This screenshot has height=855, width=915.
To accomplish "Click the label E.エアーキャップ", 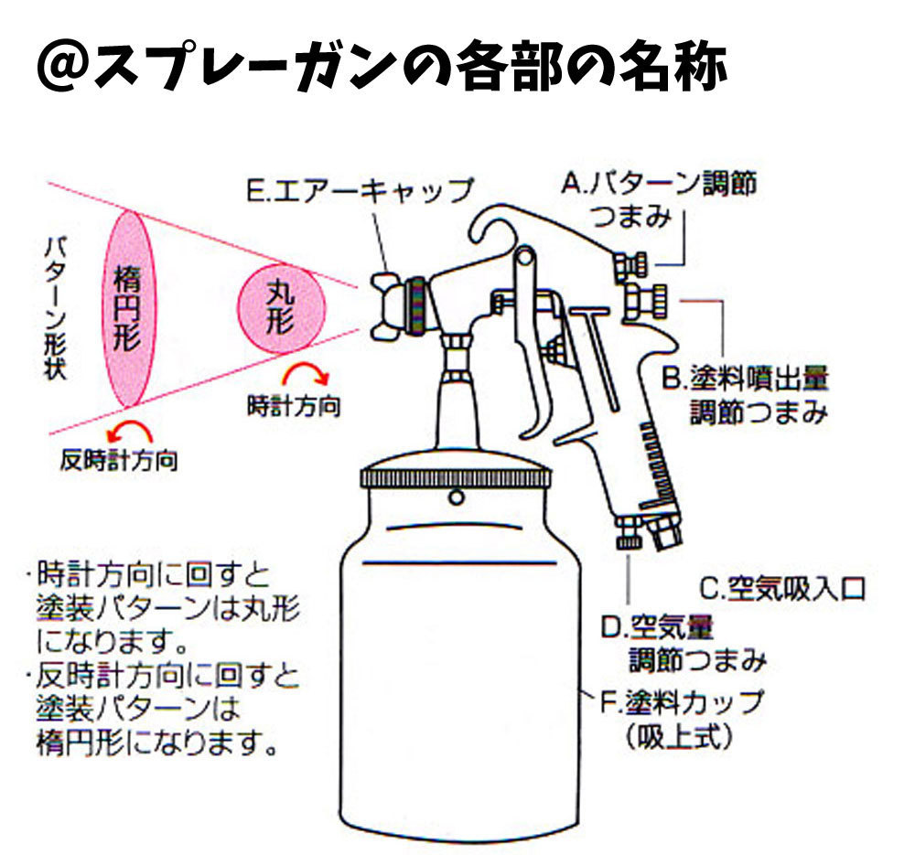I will [361, 190].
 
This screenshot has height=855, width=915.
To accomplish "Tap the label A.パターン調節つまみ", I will [659, 199].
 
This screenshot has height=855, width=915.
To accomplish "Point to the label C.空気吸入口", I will [782, 586].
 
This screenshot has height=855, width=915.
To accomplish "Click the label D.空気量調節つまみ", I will [682, 642].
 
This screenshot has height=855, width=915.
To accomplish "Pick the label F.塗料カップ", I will [682, 702].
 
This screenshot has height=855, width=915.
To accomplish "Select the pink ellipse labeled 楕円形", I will [127, 309].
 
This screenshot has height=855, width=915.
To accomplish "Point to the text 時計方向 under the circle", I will [293, 405].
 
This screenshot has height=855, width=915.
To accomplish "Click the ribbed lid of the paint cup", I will [455, 477].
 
